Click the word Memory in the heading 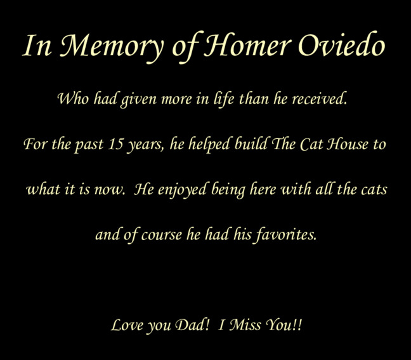point(111,46)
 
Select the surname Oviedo point(342,44)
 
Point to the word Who point(73,98)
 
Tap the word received point(319,98)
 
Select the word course point(162,234)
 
